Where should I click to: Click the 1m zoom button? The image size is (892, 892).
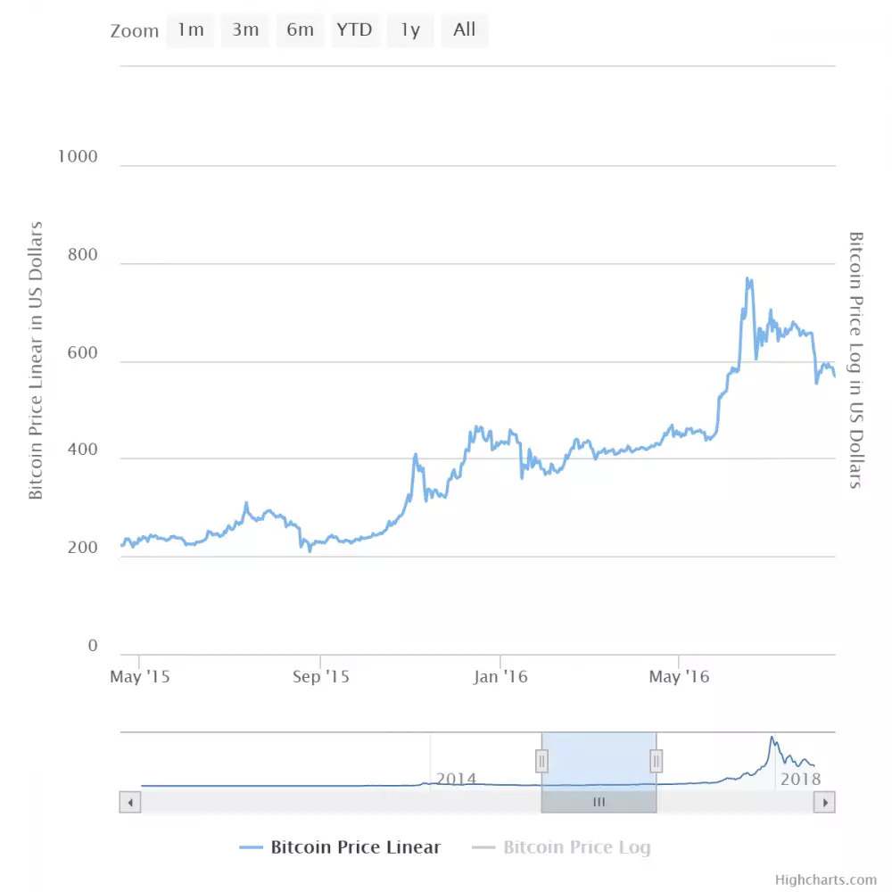(x=191, y=29)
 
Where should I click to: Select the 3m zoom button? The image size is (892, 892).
(x=245, y=29)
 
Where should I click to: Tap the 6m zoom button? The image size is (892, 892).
(x=301, y=29)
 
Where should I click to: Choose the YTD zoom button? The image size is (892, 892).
(x=354, y=29)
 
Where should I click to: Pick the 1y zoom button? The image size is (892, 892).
(x=409, y=29)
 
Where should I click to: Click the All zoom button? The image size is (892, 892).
(x=465, y=29)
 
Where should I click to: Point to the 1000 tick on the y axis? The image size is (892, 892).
(x=77, y=157)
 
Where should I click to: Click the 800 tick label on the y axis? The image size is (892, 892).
(x=82, y=255)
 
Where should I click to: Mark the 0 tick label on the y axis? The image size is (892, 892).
(x=93, y=647)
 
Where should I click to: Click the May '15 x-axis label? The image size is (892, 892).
(x=140, y=677)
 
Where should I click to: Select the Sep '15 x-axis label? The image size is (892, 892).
(x=321, y=677)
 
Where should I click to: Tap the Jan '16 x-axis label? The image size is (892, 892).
(x=501, y=677)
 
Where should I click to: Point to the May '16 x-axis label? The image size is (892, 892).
(x=680, y=677)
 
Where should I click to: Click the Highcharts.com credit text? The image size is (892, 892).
(x=826, y=880)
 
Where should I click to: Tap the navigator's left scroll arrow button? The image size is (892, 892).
(x=130, y=803)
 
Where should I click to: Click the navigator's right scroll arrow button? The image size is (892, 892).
(x=825, y=803)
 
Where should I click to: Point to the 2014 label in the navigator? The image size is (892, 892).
(x=457, y=779)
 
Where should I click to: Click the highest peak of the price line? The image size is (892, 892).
(x=747, y=279)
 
